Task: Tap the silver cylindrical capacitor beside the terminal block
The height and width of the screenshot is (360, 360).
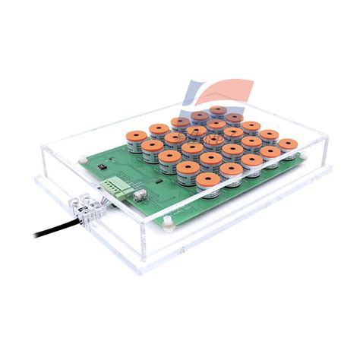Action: [x=138, y=194]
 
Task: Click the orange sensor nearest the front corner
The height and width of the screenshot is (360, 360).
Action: [x=207, y=182]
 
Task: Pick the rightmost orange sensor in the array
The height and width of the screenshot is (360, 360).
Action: [x=287, y=144]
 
